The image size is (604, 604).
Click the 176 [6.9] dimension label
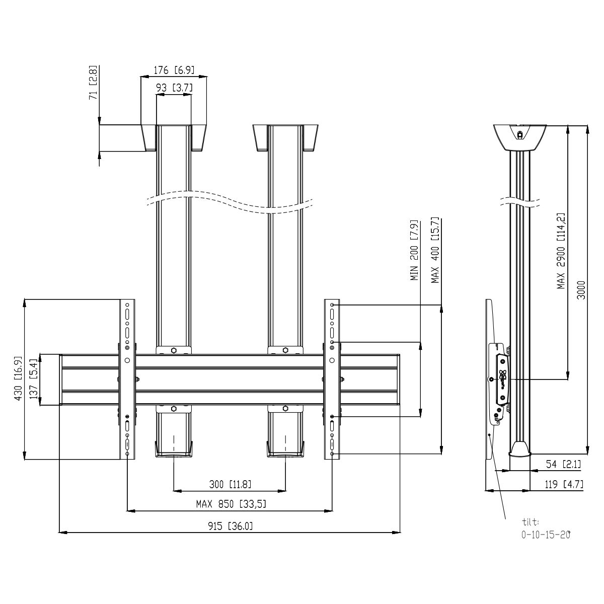click(174, 70)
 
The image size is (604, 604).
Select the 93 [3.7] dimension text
click(174, 88)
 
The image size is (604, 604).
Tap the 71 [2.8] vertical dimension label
click(94, 83)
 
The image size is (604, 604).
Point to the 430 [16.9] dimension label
click(19, 379)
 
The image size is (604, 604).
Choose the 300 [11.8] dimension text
click(230, 484)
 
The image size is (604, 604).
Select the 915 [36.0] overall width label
click(230, 526)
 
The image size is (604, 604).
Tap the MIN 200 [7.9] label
click(414, 251)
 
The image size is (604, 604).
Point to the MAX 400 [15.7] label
click(435, 251)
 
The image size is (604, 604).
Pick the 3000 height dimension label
click(581, 290)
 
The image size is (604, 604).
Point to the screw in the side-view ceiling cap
click(520, 135)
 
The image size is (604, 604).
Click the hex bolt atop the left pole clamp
click(174, 350)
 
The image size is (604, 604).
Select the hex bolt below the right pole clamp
click(285, 408)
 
